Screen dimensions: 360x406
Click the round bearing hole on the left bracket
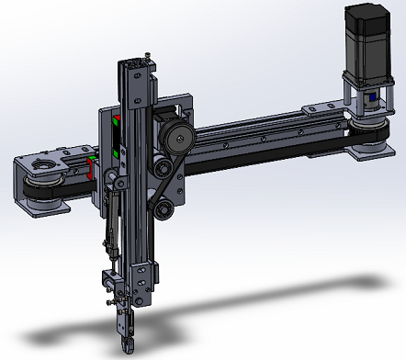coord(42,166)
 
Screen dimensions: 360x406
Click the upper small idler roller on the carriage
coord(162,168)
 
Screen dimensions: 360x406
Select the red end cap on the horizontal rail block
coord(91,167)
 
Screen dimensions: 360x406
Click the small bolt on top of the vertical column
coord(147,57)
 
